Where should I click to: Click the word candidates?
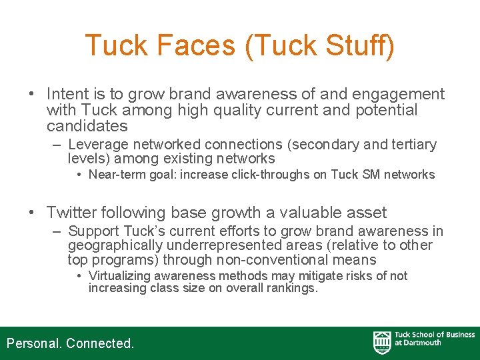87,126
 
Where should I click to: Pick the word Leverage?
98,145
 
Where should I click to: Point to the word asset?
366,213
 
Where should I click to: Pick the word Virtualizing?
121,276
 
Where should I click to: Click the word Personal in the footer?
34,343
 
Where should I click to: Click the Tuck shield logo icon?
382,342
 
